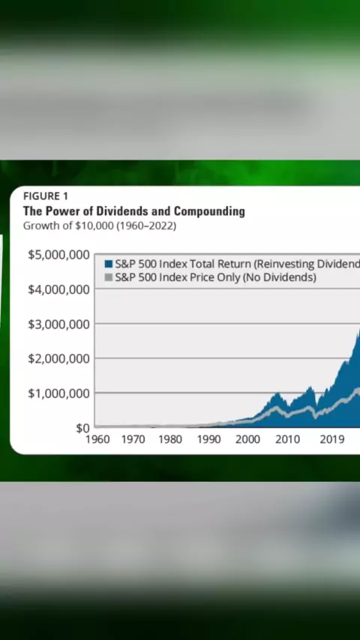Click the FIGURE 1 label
[x=45, y=196]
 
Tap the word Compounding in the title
[x=209, y=211]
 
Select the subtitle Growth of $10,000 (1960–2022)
[x=100, y=226]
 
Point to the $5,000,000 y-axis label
[x=58, y=255]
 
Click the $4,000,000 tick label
[x=58, y=290]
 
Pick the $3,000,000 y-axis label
[x=58, y=324]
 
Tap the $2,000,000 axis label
[x=58, y=359]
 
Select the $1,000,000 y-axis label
[x=58, y=393]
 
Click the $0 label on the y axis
[x=82, y=428]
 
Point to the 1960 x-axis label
[x=97, y=440]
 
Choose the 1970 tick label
[x=133, y=440]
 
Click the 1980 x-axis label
[x=170, y=440]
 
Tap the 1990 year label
[x=208, y=440]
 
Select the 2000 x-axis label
[x=247, y=440]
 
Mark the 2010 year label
[x=288, y=440]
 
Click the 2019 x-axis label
[x=332, y=440]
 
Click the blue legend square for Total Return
[x=109, y=264]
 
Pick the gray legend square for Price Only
[x=109, y=277]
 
